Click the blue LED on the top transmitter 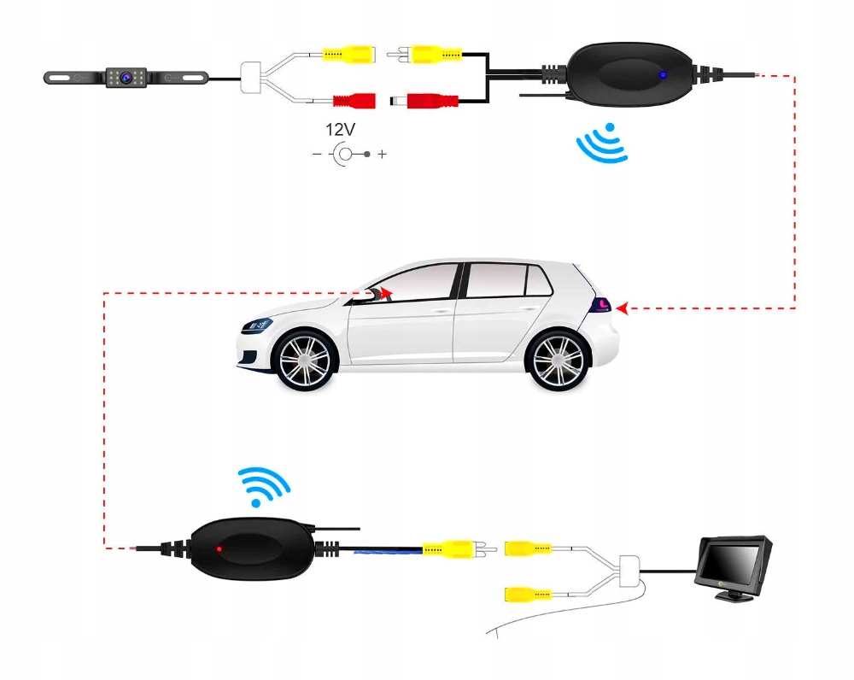(661, 74)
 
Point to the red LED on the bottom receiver (219, 548)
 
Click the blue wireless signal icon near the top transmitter (603, 143)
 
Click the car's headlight (257, 325)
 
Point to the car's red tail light (603, 305)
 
